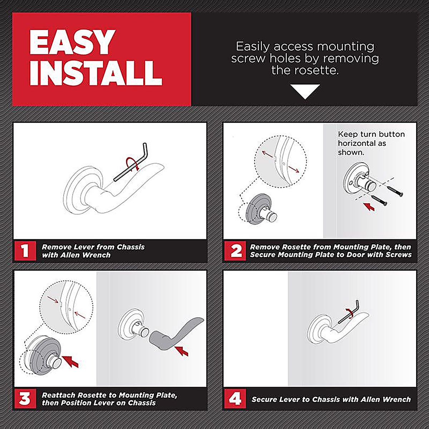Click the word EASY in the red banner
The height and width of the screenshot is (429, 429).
(72, 42)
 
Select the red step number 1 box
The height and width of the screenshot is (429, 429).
(25, 251)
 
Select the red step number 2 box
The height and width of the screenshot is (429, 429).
(235, 251)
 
